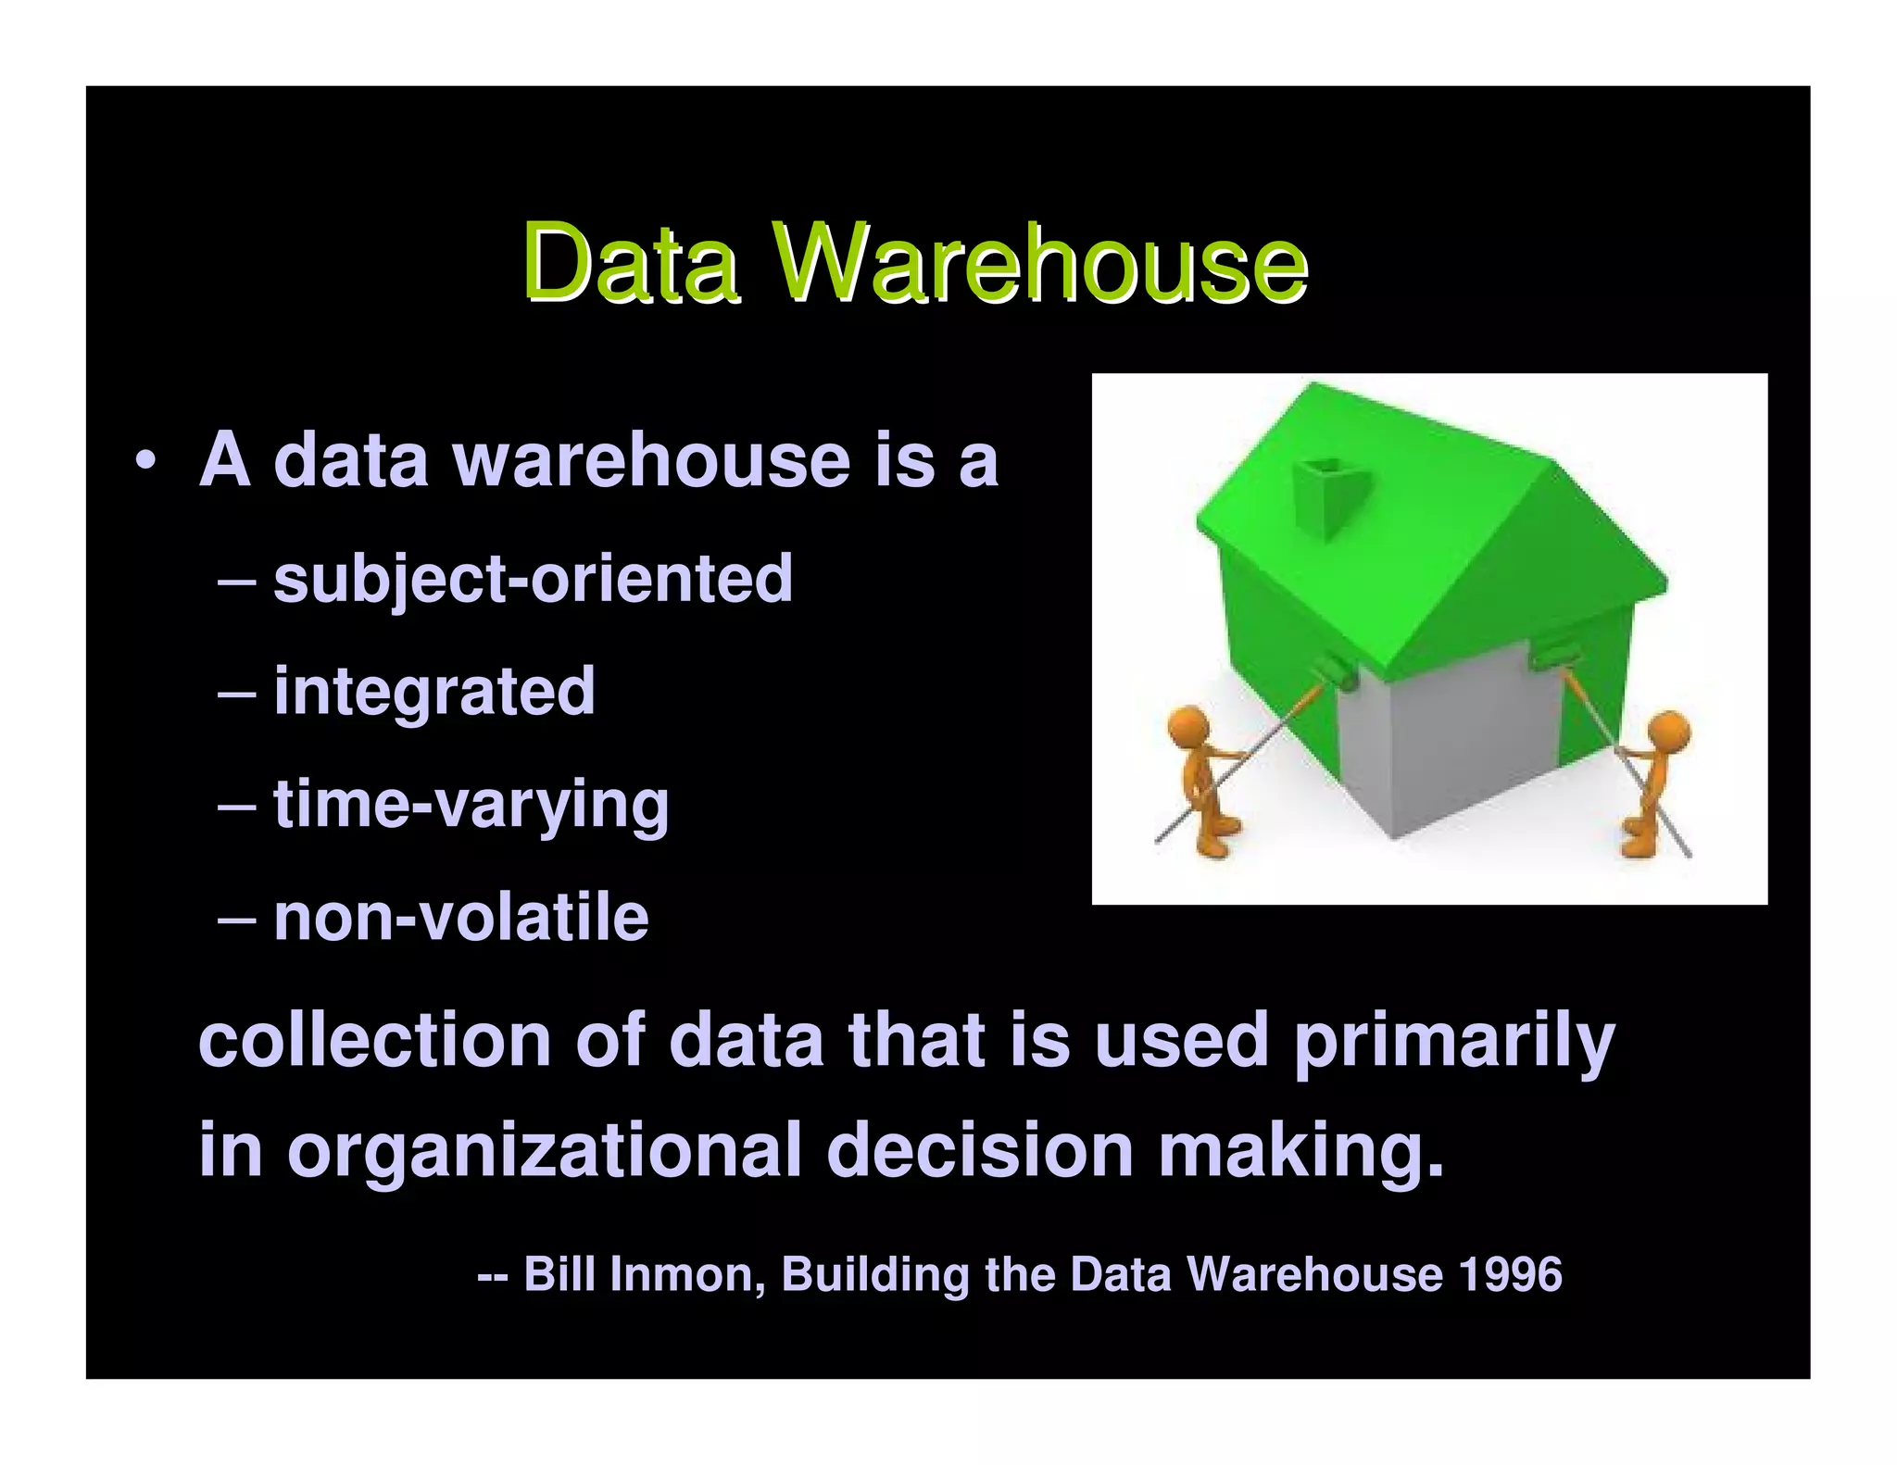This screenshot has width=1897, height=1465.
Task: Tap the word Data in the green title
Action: [630, 264]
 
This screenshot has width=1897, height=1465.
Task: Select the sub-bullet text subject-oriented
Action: [533, 580]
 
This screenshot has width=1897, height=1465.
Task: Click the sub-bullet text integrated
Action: [433, 692]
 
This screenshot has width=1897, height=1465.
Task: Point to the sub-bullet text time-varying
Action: [471, 806]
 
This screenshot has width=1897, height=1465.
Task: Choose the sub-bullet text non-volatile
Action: [460, 919]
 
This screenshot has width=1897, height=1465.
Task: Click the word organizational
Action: [544, 1150]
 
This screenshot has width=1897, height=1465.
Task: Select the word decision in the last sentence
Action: [979, 1150]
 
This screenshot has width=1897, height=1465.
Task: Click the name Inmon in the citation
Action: [685, 1274]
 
